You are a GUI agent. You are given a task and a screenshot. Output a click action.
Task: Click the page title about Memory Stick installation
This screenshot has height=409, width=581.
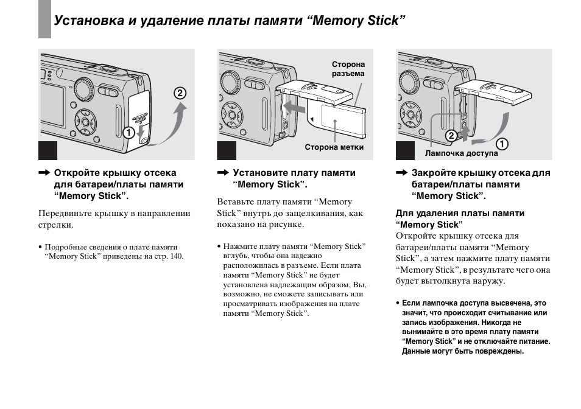(x=230, y=21)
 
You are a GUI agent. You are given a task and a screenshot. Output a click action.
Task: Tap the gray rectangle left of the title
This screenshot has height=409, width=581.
(x=44, y=19)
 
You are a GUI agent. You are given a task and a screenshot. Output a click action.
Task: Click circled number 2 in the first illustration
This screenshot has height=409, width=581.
(x=179, y=93)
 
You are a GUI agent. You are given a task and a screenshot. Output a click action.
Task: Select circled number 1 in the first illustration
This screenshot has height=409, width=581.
(x=129, y=131)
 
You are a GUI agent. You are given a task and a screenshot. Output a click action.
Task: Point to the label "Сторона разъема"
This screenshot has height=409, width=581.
(x=348, y=69)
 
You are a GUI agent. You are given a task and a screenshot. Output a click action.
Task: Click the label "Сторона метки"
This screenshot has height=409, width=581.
(x=334, y=147)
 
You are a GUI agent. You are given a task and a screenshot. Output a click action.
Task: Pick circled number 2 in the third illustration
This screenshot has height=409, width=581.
(x=451, y=135)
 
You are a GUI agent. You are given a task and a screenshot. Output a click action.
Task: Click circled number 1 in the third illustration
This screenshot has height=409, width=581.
(x=502, y=144)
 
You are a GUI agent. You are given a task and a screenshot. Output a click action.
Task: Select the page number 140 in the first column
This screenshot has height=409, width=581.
(x=176, y=256)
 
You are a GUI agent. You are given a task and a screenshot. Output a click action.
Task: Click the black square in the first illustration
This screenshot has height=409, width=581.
(x=49, y=150)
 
